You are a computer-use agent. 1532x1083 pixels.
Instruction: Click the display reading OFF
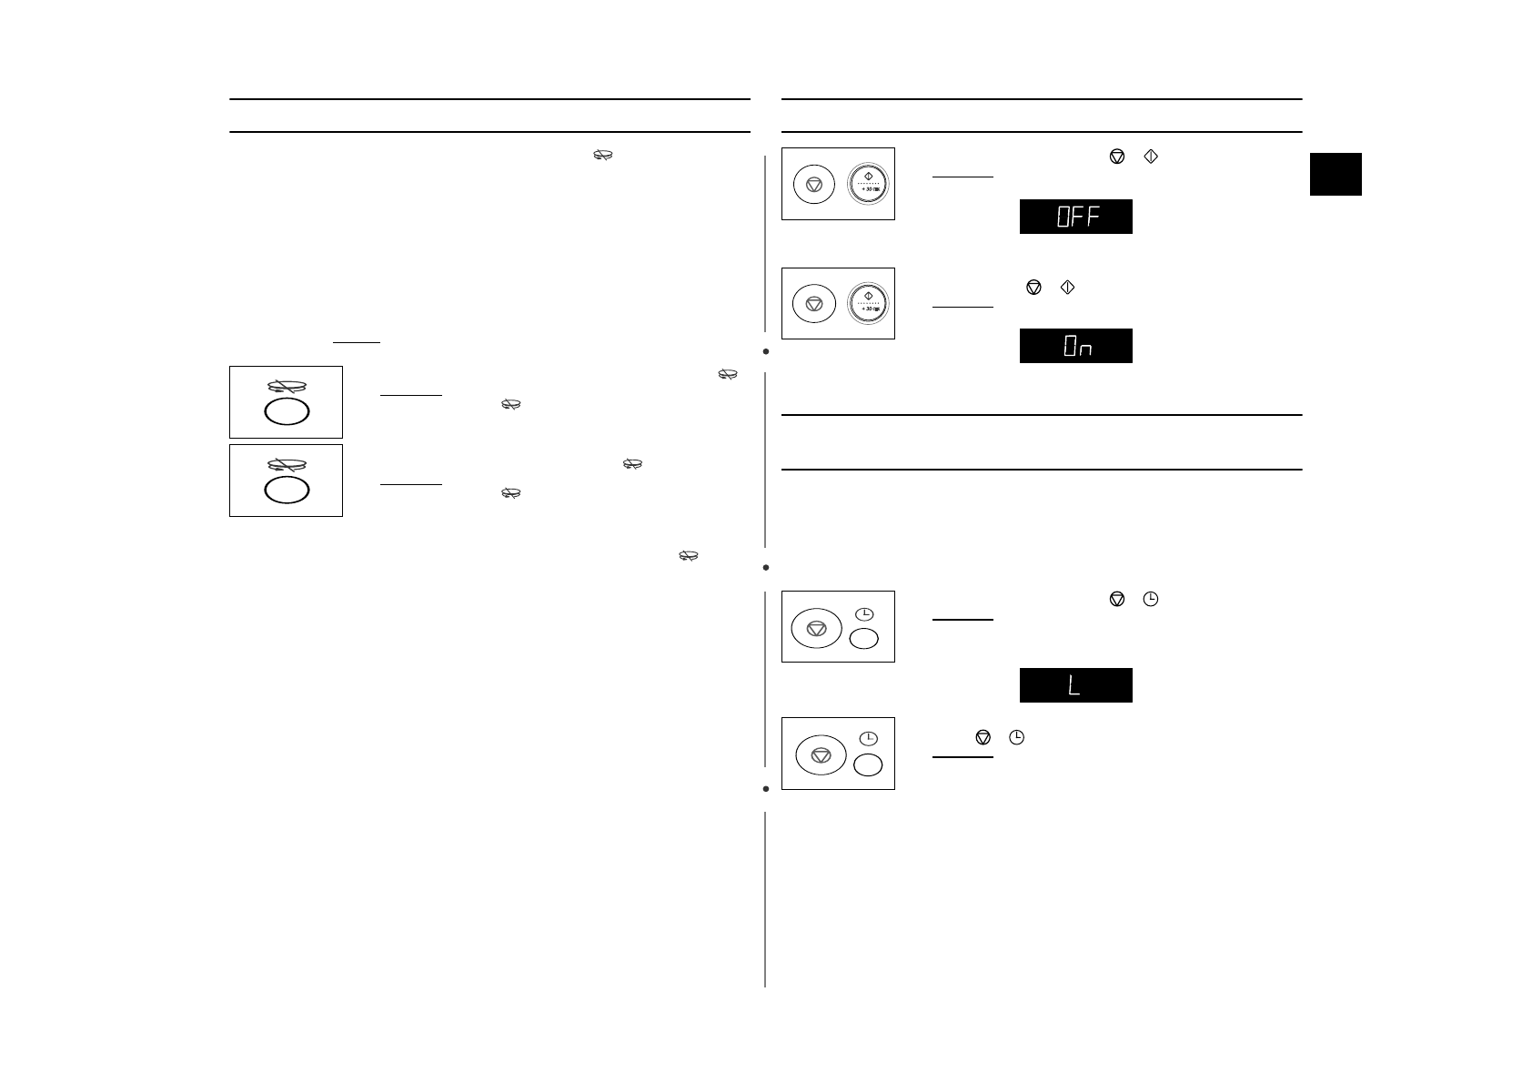pos(1075,217)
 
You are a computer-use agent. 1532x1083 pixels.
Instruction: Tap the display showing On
pos(1075,346)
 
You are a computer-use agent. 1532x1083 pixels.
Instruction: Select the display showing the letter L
pos(1075,685)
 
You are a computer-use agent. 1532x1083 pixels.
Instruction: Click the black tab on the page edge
pos(1335,174)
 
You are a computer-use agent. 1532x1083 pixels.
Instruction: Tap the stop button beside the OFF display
pos(814,185)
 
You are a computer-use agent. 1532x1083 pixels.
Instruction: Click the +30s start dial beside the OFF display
pos(868,184)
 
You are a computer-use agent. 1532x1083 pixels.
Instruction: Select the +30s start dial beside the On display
pos(868,303)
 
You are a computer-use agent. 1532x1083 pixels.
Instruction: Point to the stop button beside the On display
pos(814,304)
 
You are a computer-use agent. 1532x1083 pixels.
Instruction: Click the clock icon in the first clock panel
pos(864,614)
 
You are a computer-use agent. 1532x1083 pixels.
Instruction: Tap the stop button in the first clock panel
pos(816,628)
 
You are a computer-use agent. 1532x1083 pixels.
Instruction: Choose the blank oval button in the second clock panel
pos(868,764)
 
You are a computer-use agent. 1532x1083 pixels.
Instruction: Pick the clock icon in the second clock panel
pos(869,738)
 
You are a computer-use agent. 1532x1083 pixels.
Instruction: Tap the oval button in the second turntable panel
pos(287,491)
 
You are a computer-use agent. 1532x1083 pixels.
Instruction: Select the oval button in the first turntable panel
pos(287,411)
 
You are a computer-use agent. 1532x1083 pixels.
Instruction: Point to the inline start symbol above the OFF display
pos(1150,157)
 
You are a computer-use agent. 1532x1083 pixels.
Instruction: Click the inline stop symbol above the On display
pos(1033,287)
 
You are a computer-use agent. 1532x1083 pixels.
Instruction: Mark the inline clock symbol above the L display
pos(1151,599)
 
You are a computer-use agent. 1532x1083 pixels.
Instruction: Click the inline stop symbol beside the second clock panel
pos(982,738)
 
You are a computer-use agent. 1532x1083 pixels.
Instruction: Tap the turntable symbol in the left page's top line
pos(602,157)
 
